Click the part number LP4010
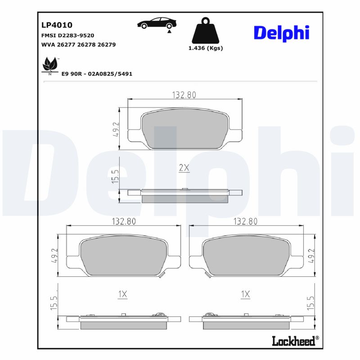point(57,25)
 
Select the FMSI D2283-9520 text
point(67,35)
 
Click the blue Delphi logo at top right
point(281,33)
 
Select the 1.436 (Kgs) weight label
point(205,48)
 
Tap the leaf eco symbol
point(49,65)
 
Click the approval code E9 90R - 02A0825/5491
point(97,73)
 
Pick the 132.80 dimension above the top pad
point(184,95)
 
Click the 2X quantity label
point(184,168)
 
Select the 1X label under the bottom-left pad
point(122,294)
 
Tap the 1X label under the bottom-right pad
point(245,294)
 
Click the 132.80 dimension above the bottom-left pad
point(123,221)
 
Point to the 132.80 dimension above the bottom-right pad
point(246,221)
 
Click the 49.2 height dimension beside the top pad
point(116,129)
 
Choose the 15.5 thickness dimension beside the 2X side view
point(115,176)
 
